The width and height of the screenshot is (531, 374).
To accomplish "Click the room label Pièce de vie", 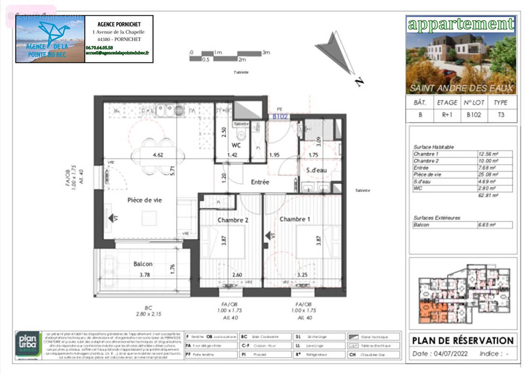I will pos(145,200).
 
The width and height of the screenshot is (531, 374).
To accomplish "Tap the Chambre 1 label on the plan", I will pos(295,219).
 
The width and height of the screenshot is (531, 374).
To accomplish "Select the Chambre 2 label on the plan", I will pos(233,220).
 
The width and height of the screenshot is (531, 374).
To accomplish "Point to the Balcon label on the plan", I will pos(143,263).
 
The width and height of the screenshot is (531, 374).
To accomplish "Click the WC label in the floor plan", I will pos(236,145).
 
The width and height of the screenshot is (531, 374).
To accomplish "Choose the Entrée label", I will pos(260,182).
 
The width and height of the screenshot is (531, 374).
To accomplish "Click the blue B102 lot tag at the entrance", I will pos(280,117).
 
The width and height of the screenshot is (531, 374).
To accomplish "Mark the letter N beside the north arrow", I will pos(359,82).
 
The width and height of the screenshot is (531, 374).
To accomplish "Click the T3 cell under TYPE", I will pos(500,115).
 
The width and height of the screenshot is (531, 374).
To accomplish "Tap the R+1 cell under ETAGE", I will pos(447,115).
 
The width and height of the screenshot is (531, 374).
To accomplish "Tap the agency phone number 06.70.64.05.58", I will pos(99,48).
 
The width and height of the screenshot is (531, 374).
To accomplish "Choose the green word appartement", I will pos(460,24).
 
